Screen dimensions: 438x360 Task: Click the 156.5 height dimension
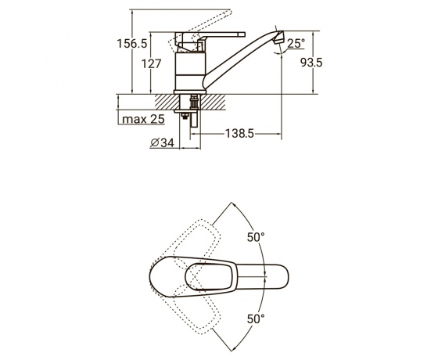pos(132,44)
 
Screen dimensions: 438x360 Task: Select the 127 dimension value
pos(151,63)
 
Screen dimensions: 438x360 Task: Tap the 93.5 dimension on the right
pos(311,63)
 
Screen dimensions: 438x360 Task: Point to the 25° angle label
pos(296,43)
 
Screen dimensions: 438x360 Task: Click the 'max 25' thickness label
pos(144,119)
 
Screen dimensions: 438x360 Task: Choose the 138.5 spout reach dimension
pos(239,134)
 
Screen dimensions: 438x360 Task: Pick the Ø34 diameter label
pos(162,142)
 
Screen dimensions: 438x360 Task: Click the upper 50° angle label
pos(256,237)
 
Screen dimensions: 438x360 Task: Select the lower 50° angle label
pos(256,319)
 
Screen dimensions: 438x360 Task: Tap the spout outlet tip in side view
pos(278,38)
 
